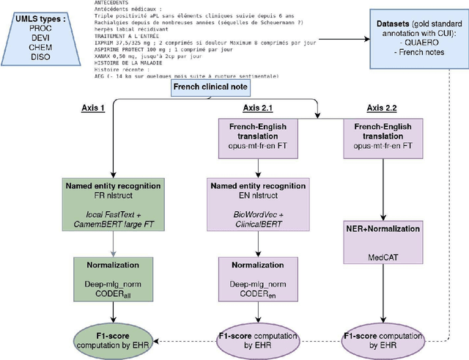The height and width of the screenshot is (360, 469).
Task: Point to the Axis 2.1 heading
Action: click(254, 107)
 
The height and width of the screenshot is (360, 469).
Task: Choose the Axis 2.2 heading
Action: click(388, 107)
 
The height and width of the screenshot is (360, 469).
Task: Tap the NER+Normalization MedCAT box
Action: click(388, 242)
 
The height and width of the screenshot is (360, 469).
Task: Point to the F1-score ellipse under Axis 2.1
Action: click(254, 339)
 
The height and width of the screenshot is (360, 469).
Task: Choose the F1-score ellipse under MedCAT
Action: click(388, 339)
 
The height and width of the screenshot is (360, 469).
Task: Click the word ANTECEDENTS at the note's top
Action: click(115, 4)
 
